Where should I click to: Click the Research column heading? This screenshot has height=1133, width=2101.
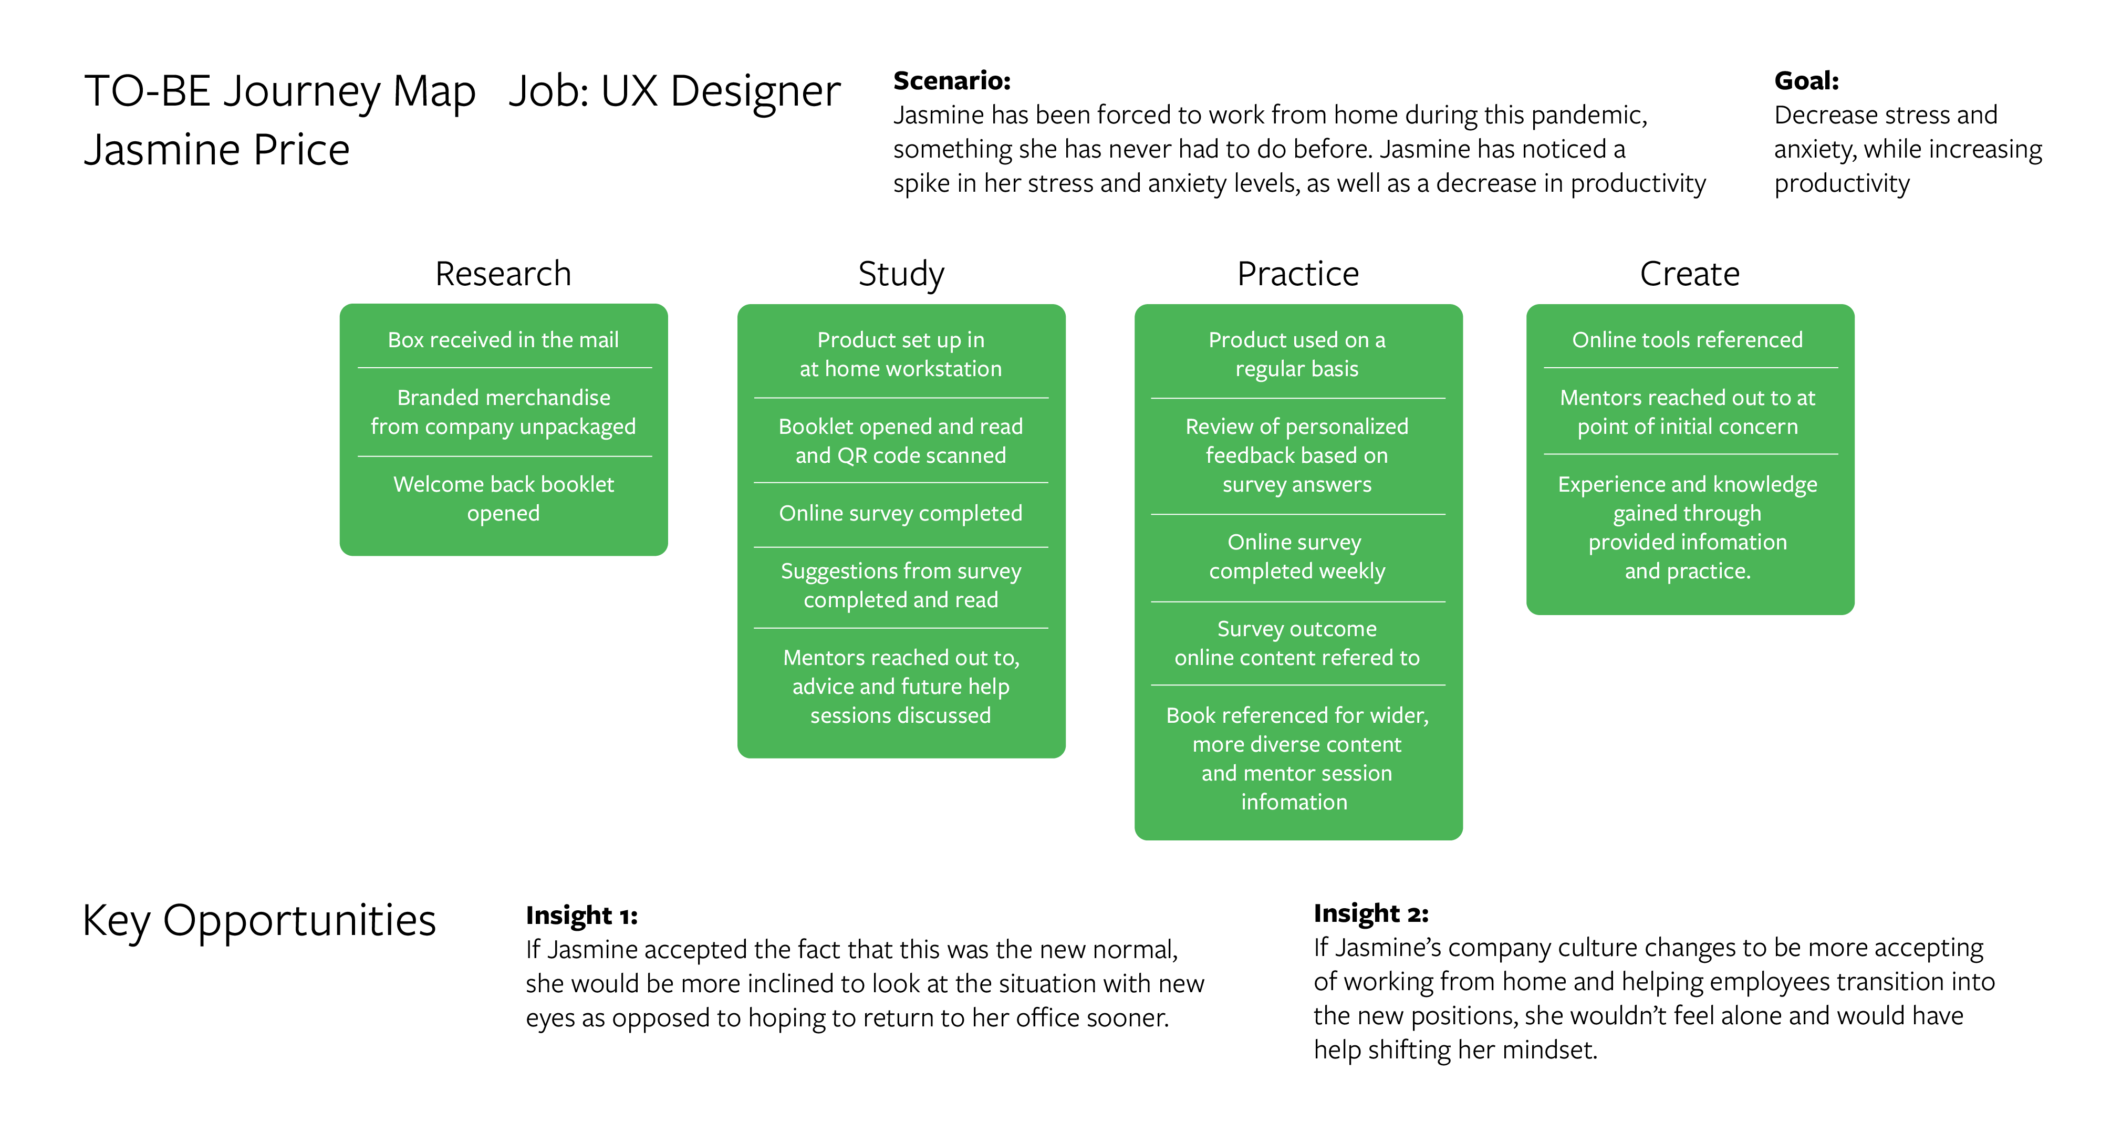point(503,273)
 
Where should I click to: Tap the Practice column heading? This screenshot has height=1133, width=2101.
point(1297,273)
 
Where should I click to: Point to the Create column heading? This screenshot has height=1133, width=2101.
point(1690,273)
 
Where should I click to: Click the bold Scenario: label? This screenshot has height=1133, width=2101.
point(952,81)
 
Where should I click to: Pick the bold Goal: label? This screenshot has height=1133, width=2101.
point(1806,81)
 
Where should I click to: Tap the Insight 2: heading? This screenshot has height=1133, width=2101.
point(1371,913)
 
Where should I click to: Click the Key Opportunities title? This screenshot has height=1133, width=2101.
point(259,921)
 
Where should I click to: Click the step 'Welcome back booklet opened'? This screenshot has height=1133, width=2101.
point(503,498)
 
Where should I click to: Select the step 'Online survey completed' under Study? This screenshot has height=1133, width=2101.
point(900,513)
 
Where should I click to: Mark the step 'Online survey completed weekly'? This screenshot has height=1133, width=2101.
point(1297,556)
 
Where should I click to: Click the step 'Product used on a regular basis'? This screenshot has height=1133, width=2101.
point(1297,354)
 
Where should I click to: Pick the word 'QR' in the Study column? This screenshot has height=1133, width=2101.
point(852,455)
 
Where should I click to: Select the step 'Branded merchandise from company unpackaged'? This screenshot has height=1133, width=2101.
point(503,412)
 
